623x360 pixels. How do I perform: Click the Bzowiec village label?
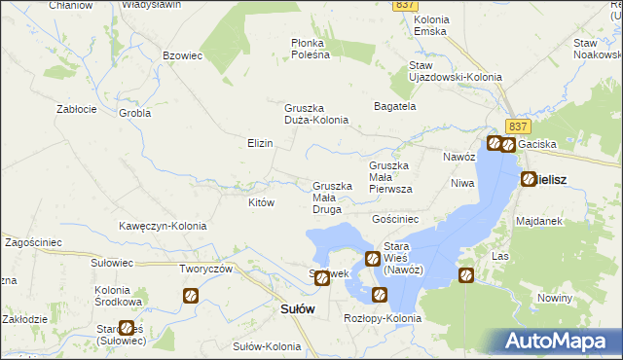click(x=182, y=56)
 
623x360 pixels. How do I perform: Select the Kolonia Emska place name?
click(x=429, y=25)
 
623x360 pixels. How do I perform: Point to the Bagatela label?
click(x=395, y=105)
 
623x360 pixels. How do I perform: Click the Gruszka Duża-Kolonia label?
click(x=316, y=114)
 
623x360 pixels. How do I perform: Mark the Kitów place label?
click(x=261, y=203)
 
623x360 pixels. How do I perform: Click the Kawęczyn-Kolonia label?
click(x=163, y=226)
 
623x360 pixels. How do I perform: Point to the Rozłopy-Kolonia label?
click(x=383, y=318)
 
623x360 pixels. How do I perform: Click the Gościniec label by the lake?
click(x=395, y=220)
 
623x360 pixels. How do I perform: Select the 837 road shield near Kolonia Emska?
click(x=407, y=5)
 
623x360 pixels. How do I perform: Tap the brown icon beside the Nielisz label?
click(x=529, y=179)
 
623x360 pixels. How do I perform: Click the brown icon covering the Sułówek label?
click(x=322, y=278)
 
